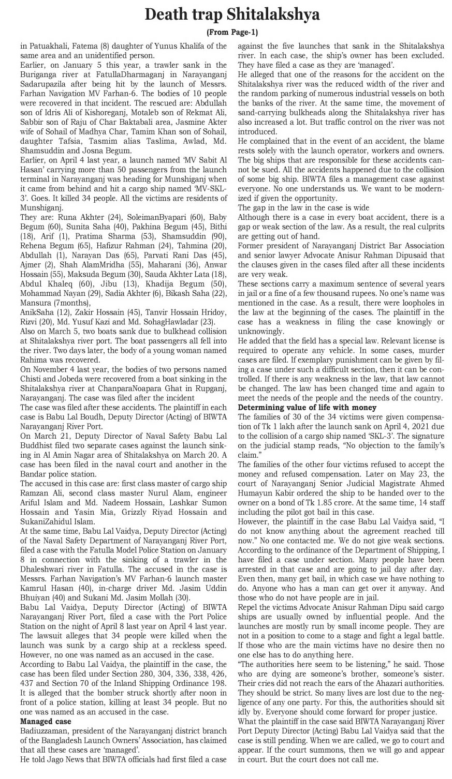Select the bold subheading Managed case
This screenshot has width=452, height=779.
point(46,721)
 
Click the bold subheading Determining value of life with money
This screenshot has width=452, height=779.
point(307,408)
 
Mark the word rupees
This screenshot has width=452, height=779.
point(379,293)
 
